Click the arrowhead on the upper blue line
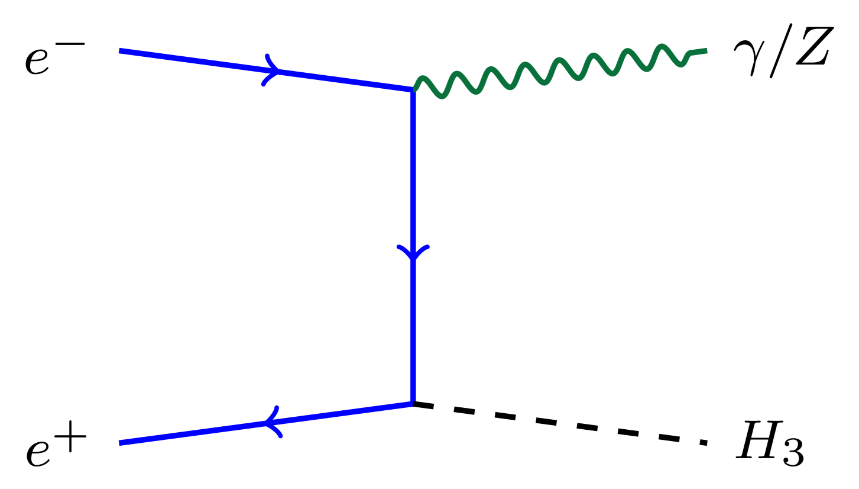coord(273,70)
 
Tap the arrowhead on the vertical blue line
coord(413,253)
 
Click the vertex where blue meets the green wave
coord(413,89)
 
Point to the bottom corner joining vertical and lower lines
coord(412,403)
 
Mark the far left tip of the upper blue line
coord(120,51)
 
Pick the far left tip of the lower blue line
coord(120,443)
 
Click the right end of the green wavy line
coord(706,51)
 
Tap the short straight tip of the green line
coord(698,52)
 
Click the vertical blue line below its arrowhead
coord(413,332)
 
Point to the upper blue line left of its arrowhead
coord(195,60)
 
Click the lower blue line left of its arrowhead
coord(195,432)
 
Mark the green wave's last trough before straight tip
coord(681,64)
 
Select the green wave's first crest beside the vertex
coord(422,78)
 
